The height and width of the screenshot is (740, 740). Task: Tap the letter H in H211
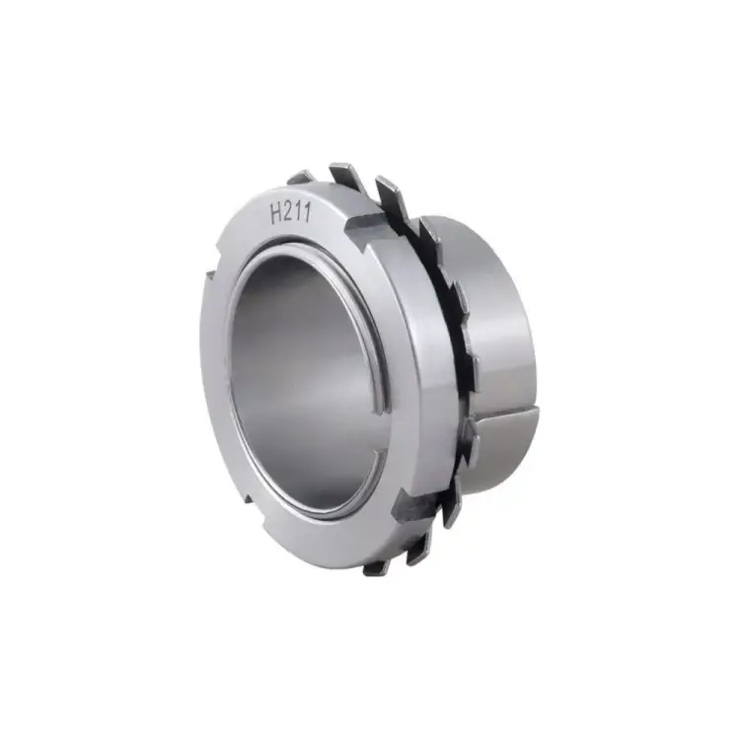tap(275, 215)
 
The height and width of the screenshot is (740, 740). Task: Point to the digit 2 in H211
tap(289, 213)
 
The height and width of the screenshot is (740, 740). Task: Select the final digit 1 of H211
tap(308, 212)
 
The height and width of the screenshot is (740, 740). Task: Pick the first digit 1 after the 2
tap(300, 213)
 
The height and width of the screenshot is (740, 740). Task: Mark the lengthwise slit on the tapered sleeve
tap(505, 415)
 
